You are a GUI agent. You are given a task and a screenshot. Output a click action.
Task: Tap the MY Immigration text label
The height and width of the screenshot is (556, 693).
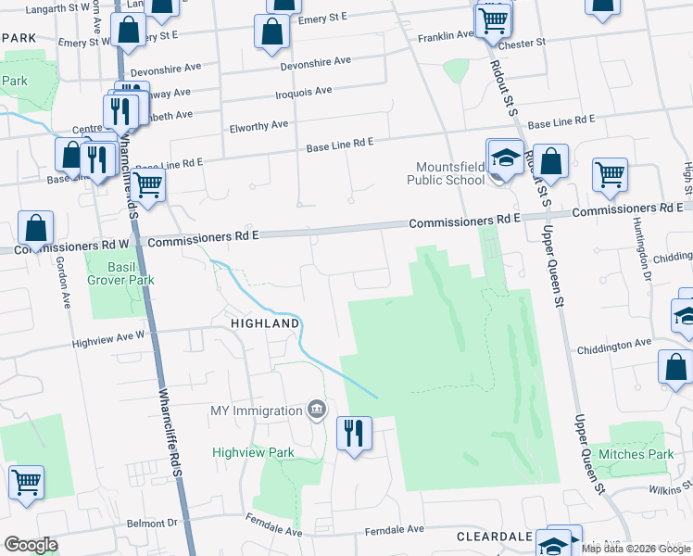(x=256, y=410)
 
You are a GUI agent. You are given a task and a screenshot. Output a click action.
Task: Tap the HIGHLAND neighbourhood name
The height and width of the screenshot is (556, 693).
(x=265, y=323)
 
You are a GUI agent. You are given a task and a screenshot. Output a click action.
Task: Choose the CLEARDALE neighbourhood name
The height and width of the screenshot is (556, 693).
(x=494, y=537)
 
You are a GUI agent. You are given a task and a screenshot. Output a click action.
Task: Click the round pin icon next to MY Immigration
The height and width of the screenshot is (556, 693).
(x=317, y=410)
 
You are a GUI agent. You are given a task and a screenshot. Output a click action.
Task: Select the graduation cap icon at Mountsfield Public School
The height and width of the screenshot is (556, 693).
(x=505, y=158)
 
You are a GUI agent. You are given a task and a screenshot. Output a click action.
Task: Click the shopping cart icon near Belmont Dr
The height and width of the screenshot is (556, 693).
(x=27, y=482)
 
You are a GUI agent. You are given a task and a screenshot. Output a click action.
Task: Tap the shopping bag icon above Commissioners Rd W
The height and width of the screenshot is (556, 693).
(x=35, y=227)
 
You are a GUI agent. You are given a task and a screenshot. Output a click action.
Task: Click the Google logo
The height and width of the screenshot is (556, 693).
(x=31, y=545)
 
